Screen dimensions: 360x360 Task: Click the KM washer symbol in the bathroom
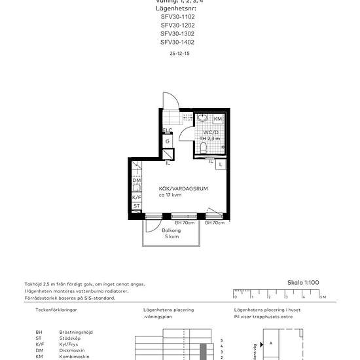click(217, 119)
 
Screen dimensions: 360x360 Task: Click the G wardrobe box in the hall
click(168, 141)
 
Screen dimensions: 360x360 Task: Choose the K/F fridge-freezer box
click(136, 197)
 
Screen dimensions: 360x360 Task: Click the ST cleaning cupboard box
click(136, 206)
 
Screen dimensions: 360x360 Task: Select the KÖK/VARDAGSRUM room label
click(183, 189)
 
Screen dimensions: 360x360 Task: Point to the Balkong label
click(171, 230)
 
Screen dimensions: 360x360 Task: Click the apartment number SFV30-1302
click(177, 33)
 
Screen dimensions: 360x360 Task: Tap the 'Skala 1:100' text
click(304, 282)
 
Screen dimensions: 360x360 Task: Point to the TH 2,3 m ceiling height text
click(209, 139)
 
